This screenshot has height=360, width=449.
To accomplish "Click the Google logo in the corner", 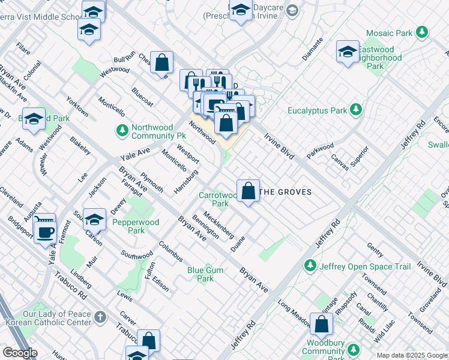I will (19, 353).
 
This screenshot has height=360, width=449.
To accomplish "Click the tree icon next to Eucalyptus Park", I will (356, 110).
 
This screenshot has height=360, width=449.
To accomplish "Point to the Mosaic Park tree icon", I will (423, 32).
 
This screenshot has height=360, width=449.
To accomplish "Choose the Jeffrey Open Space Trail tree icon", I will (310, 265).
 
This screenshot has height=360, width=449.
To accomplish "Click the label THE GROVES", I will (288, 192).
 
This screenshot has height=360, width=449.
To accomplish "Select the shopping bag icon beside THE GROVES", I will (248, 191).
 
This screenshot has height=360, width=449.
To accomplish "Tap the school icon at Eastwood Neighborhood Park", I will (348, 52).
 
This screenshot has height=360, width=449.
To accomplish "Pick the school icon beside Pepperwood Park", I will (94, 220).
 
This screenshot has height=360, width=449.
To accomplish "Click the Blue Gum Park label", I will (205, 274).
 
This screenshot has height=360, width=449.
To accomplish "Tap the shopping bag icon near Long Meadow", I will (322, 324).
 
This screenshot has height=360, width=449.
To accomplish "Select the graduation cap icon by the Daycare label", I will (241, 10).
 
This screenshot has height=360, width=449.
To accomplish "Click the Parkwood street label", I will (321, 148).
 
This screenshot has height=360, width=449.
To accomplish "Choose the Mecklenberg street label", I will (218, 223).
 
